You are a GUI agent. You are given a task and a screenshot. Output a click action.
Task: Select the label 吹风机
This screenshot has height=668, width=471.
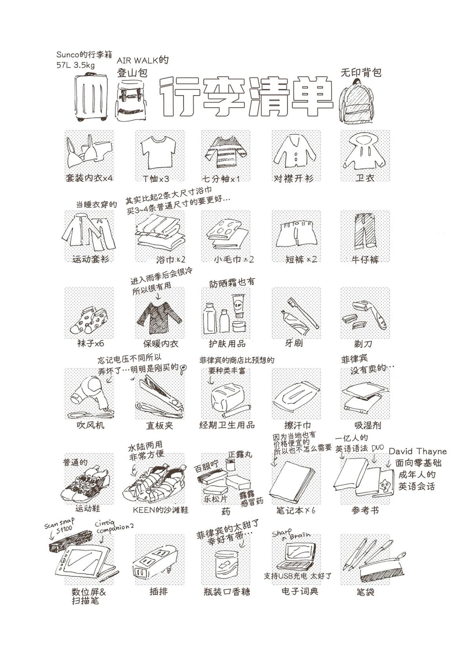coord(90,425)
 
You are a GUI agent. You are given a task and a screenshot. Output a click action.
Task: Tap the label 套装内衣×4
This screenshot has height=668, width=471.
coord(89,178)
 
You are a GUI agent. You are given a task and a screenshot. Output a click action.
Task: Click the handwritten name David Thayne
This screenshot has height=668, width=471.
coord(418,451)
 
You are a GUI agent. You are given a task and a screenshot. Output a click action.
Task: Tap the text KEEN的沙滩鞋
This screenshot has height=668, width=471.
coord(160,510)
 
